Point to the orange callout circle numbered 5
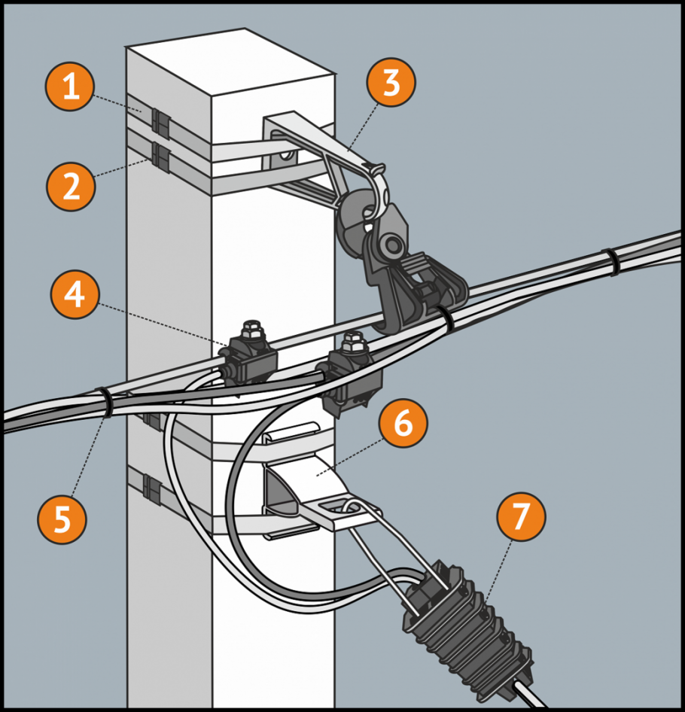coord(62,518)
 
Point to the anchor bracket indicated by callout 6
coord(316,489)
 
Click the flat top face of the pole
coord(230,64)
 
